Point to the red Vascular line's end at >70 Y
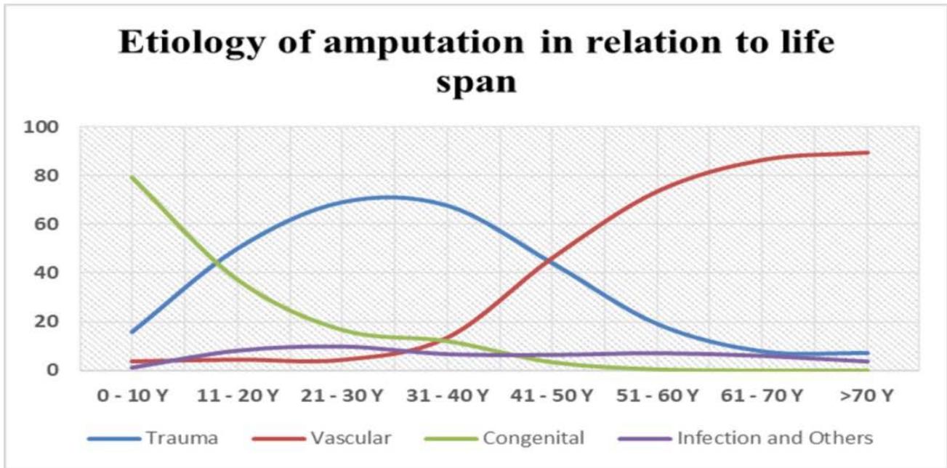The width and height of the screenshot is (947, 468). click(x=867, y=153)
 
